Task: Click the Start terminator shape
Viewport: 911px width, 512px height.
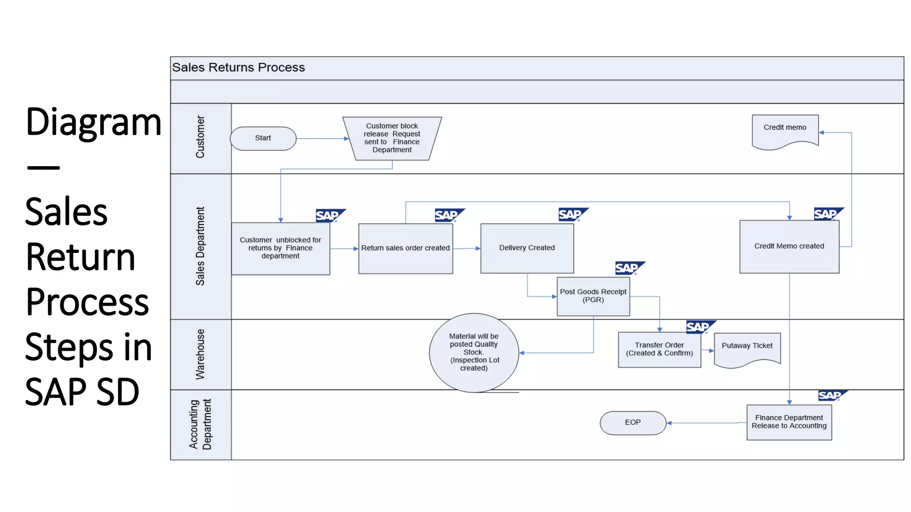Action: tap(263, 138)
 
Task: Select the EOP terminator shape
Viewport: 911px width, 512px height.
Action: tap(633, 423)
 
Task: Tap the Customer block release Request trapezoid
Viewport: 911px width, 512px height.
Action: tap(392, 138)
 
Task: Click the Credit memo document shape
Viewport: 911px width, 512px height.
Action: tap(785, 131)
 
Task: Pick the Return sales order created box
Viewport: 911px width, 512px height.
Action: tap(405, 248)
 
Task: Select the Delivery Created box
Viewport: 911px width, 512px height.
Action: tap(527, 248)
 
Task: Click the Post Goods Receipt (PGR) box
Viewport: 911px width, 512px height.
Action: tap(593, 296)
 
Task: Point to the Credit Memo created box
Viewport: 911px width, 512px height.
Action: tap(789, 247)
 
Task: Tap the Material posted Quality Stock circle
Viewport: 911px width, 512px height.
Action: tap(474, 352)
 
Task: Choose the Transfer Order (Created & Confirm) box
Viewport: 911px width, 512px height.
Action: tap(659, 349)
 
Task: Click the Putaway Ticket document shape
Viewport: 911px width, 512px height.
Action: tap(747, 348)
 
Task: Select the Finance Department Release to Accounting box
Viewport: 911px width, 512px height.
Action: tap(789, 422)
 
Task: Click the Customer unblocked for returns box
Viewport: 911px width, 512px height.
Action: tap(280, 248)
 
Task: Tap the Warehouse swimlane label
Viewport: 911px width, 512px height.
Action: tap(200, 354)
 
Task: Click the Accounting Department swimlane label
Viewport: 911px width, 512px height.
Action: tap(200, 424)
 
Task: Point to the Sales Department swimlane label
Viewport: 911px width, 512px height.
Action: tap(200, 246)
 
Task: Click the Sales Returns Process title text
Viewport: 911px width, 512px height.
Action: tap(238, 68)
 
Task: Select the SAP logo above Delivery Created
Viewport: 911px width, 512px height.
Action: tap(572, 214)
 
